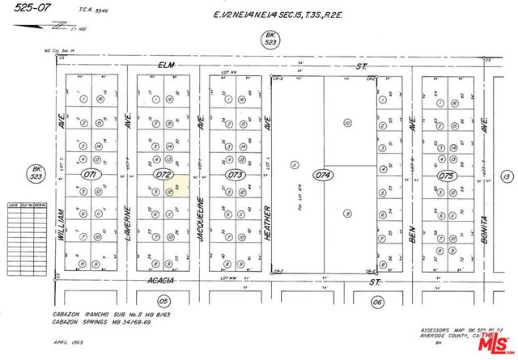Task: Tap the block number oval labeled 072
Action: click(164, 174)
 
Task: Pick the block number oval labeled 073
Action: click(235, 174)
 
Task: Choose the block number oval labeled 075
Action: click(446, 174)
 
